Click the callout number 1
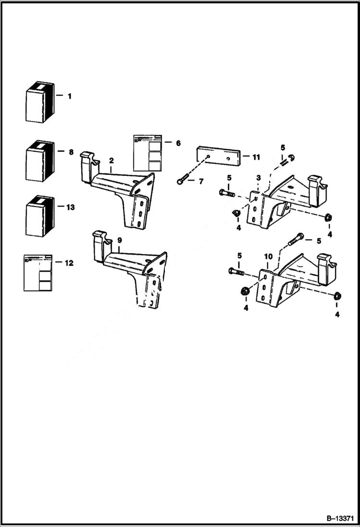[69, 96]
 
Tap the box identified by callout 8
[39, 161]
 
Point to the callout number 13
[71, 208]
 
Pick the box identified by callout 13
[39, 216]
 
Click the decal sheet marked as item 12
[37, 272]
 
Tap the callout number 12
[69, 263]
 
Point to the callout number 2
[111, 160]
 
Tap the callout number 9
[119, 240]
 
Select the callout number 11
[256, 157]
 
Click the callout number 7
[201, 181]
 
